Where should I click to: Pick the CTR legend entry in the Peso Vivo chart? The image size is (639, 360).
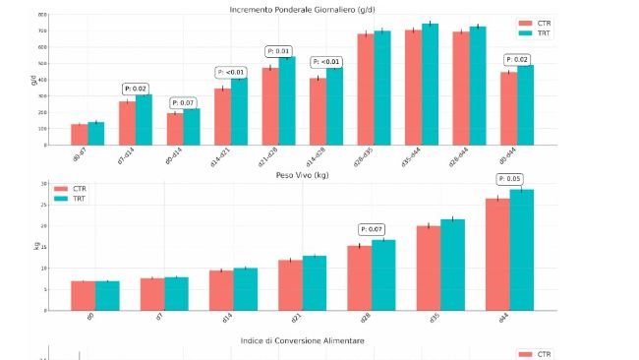coord(79,188)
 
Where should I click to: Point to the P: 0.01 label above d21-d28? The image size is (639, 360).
coord(278,51)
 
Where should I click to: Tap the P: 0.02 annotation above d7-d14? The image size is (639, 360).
coord(136,89)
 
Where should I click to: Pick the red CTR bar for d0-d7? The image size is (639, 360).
coord(79,135)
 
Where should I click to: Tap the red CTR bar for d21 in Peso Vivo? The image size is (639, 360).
coord(290,285)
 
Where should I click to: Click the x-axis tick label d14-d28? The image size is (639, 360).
coord(320,161)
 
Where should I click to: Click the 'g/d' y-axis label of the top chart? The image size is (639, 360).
coord(34,80)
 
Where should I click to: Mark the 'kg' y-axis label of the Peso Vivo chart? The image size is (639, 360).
coord(34,245)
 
